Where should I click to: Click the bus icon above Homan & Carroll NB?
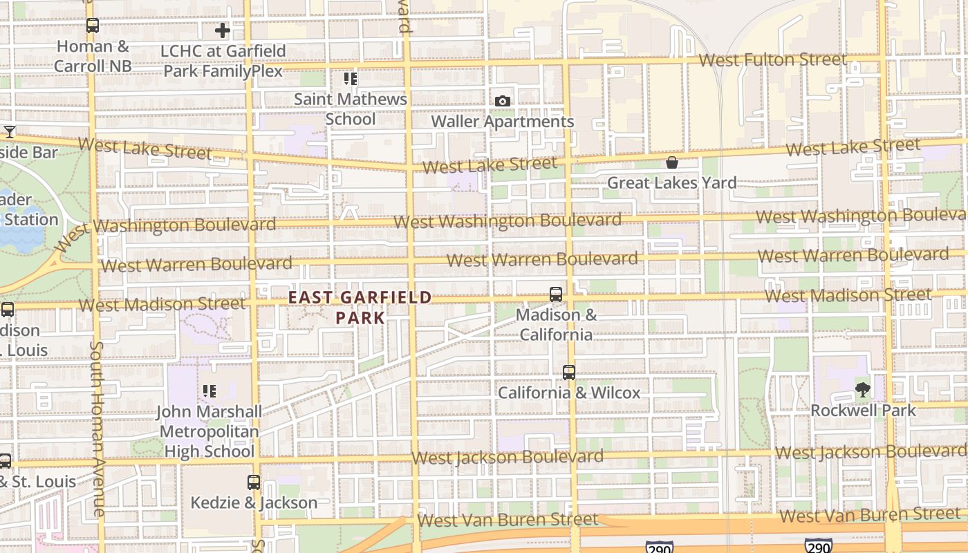(x=92, y=26)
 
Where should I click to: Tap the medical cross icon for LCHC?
(x=222, y=30)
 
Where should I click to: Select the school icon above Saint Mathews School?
(x=351, y=79)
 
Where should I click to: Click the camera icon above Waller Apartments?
(x=503, y=102)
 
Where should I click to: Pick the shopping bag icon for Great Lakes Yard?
(x=671, y=163)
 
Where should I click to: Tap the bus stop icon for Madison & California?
(x=555, y=294)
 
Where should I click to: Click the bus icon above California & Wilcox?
(x=568, y=373)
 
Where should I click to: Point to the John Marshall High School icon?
(x=209, y=392)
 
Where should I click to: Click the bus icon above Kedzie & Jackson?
(x=254, y=482)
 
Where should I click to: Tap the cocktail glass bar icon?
(x=9, y=132)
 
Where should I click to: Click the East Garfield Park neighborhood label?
(x=360, y=308)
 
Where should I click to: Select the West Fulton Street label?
(x=772, y=60)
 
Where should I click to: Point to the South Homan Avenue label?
(x=97, y=429)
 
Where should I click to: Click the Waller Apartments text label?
(x=503, y=122)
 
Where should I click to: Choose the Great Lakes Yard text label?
(x=671, y=183)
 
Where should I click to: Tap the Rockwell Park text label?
(x=863, y=411)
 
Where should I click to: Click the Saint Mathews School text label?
(x=351, y=109)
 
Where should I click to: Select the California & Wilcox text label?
(x=569, y=393)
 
